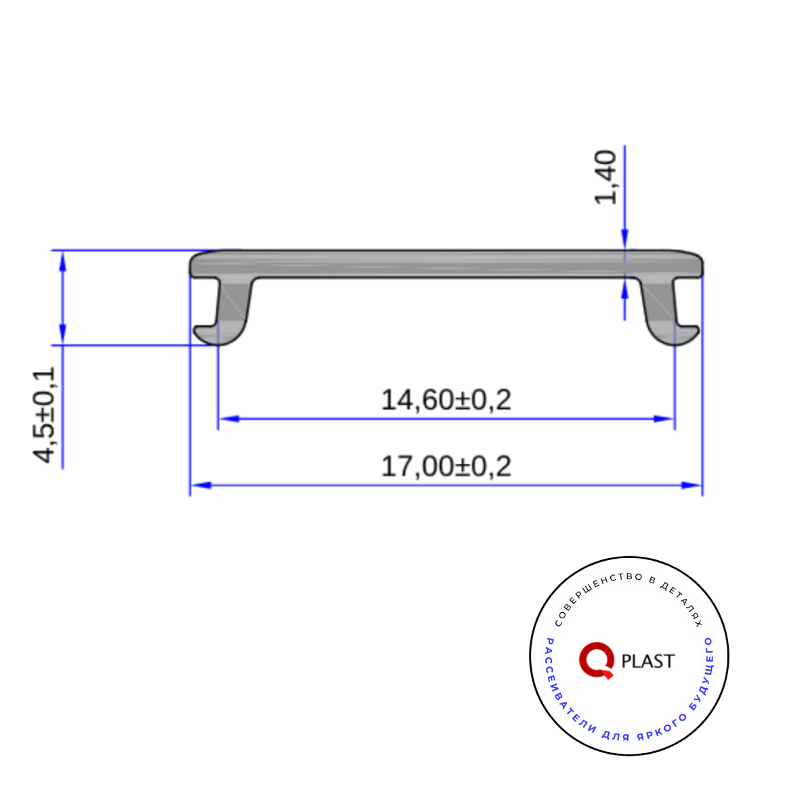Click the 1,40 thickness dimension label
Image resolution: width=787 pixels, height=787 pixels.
click(x=605, y=177)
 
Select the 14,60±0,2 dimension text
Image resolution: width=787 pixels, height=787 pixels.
click(x=446, y=400)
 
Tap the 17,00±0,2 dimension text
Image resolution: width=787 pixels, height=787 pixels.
click(x=446, y=466)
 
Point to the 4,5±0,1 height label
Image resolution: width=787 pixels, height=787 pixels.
click(x=45, y=414)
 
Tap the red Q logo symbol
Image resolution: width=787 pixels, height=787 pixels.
click(x=597, y=660)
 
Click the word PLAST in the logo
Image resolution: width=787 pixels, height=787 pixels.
click(x=648, y=661)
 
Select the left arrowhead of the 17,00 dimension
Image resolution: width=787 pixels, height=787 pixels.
click(x=201, y=485)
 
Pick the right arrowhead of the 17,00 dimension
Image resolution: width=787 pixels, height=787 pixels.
click(x=691, y=485)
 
